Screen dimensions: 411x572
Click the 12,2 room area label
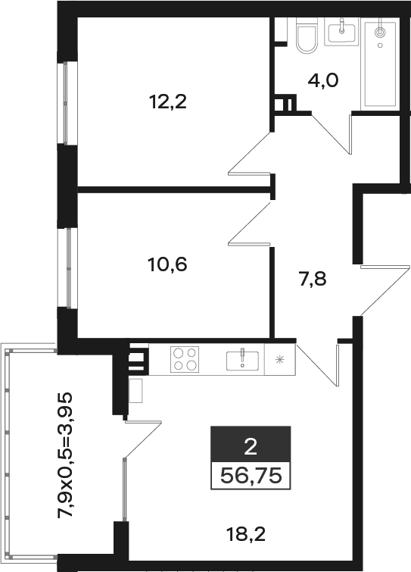(x=167, y=102)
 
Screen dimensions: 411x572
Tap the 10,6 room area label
(x=167, y=264)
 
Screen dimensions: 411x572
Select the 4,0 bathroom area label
(x=323, y=80)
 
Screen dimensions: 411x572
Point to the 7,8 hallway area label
(x=313, y=280)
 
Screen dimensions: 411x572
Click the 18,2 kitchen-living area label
(x=245, y=535)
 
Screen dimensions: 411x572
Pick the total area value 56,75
(x=251, y=476)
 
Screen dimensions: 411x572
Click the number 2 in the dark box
(x=251, y=446)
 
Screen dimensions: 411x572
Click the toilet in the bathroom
(x=306, y=36)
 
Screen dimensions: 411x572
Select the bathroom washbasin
(x=342, y=31)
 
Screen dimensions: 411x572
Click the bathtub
(x=380, y=64)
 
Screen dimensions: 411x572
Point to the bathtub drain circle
(x=380, y=45)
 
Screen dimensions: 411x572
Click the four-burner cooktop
(x=185, y=359)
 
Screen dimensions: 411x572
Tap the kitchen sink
(x=242, y=360)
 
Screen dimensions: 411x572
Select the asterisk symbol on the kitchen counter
(x=279, y=360)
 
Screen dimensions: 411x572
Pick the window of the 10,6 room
(x=68, y=268)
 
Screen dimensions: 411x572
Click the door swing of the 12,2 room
(x=251, y=153)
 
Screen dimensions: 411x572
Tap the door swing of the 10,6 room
(x=251, y=223)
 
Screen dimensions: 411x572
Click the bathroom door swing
(x=332, y=134)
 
